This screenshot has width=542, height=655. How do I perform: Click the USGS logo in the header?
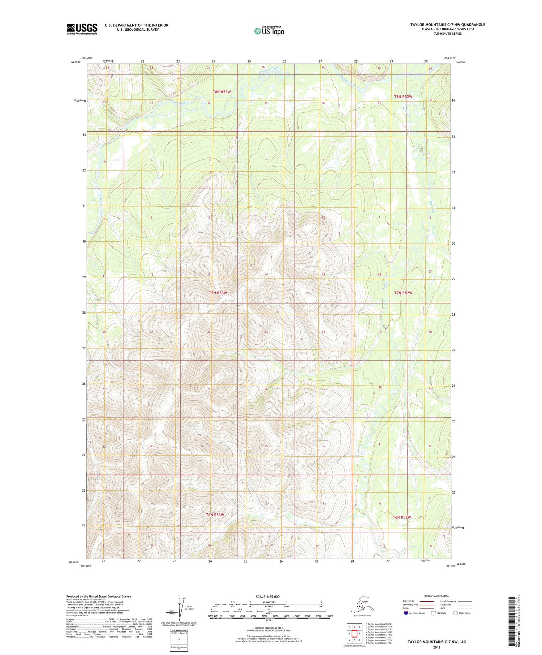pyautogui.click(x=82, y=29)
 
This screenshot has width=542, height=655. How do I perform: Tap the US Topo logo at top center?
pyautogui.click(x=269, y=31)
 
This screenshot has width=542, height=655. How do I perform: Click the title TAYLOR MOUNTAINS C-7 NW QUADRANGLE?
pyautogui.click(x=447, y=25)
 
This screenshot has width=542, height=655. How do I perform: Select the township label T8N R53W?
pyautogui.click(x=221, y=92)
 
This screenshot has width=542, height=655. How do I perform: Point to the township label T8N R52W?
pyautogui.click(x=403, y=96)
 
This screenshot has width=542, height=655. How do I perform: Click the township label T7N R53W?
pyautogui.click(x=218, y=293)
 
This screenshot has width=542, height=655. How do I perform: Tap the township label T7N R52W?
pyautogui.click(x=403, y=293)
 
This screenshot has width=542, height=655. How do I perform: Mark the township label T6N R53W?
pyautogui.click(x=215, y=514)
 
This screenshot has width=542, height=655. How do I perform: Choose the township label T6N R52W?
pyautogui.click(x=402, y=517)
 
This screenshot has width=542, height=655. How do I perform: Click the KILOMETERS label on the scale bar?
pyautogui.click(x=268, y=602)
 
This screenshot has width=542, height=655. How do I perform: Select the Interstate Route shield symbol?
pyautogui.click(x=406, y=613)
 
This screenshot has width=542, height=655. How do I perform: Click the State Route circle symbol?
pyautogui.click(x=455, y=613)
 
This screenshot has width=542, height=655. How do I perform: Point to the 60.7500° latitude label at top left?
pyautogui.click(x=76, y=62)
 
